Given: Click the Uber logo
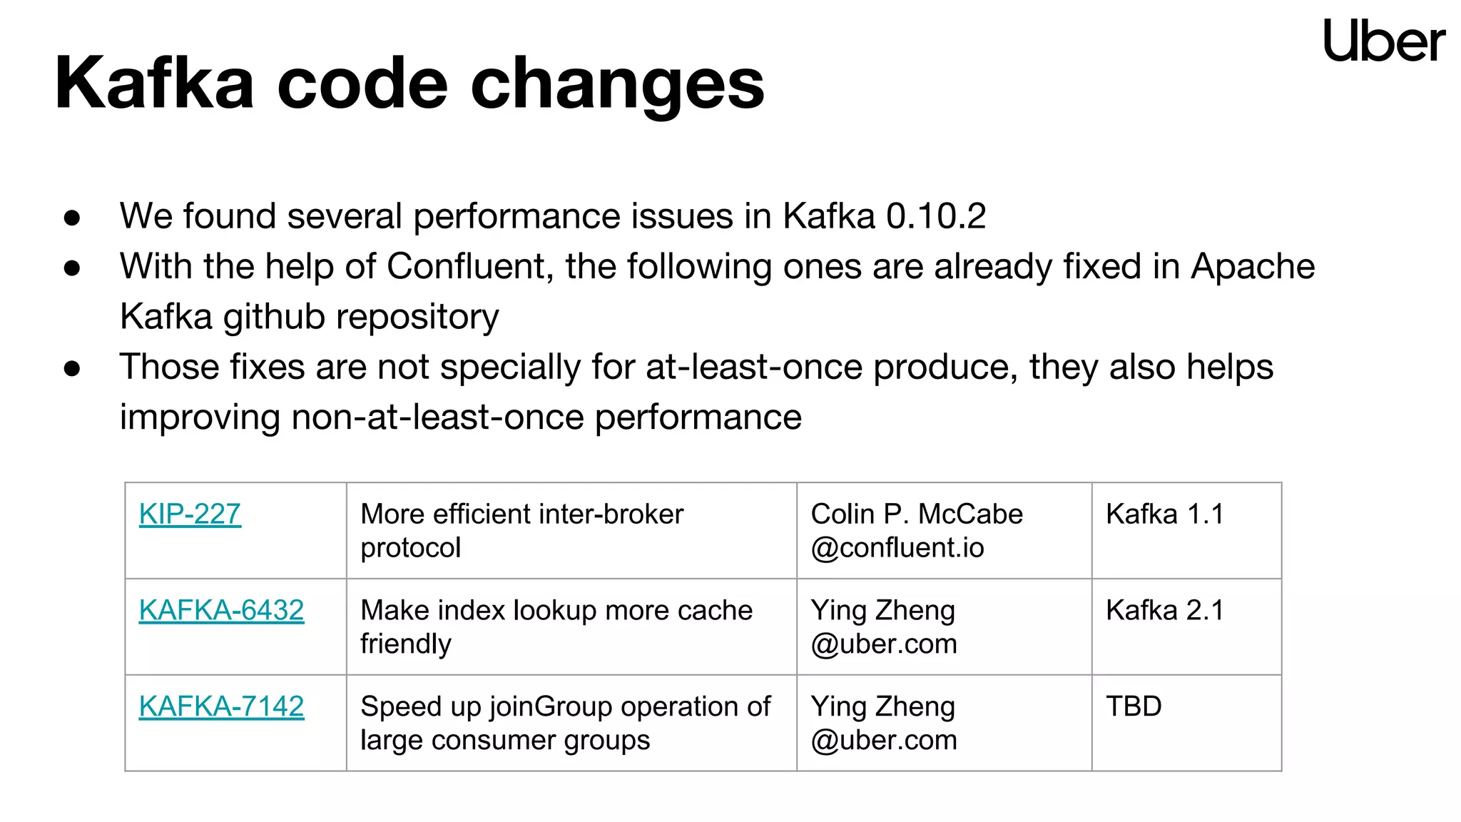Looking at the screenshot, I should point(1383,41).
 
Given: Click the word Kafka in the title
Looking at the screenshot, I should point(154,84).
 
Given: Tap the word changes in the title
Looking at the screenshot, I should point(617,84).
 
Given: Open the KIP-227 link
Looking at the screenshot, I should point(190,514).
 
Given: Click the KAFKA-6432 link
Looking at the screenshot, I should point(221,610).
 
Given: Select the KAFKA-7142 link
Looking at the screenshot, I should point(221,706).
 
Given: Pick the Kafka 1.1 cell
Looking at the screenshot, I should point(1164,514).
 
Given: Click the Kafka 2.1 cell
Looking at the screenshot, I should point(1164,610).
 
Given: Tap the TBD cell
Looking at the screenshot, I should point(1134,706).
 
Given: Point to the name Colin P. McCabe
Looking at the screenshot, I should point(917,514).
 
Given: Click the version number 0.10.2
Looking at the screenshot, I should point(935,216).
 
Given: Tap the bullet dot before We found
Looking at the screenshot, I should point(72,218).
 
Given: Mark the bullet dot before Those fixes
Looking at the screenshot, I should point(72,368).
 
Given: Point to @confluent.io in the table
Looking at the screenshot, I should point(897,548).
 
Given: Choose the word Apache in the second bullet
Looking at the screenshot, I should point(1253,267).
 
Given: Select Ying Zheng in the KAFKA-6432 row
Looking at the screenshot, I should point(882,610).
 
